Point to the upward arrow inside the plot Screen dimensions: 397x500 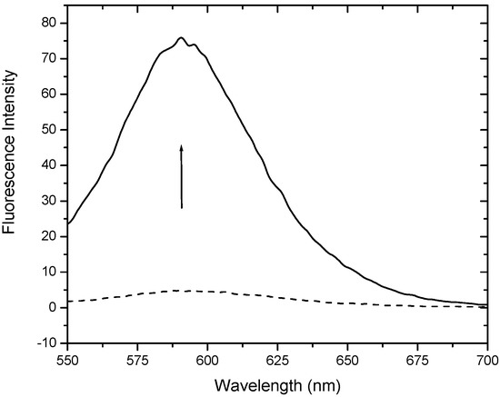[182, 176]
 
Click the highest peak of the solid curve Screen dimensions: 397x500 [181, 38]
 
